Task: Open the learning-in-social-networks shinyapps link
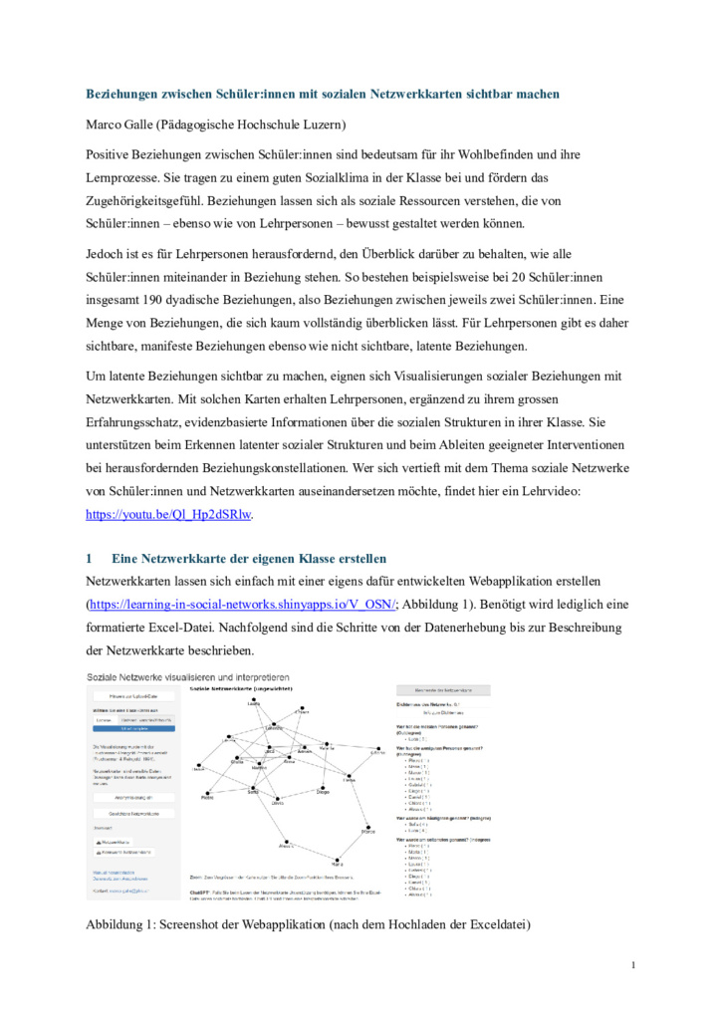pyautogui.click(x=243, y=604)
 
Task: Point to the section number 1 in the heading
pyautogui.click(x=90, y=558)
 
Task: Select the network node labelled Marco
pyautogui.click(x=368, y=828)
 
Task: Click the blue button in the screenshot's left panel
pyautogui.click(x=132, y=728)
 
